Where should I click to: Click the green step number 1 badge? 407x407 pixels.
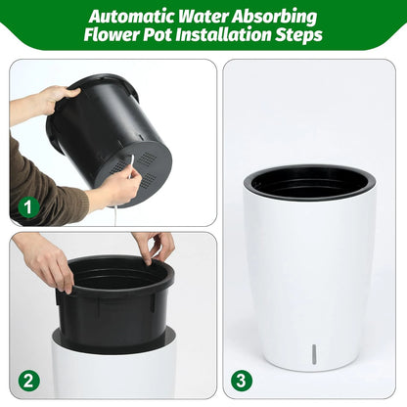(x=27, y=207)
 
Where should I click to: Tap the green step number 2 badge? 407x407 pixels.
(x=27, y=380)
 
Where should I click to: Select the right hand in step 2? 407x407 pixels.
(x=154, y=247)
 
